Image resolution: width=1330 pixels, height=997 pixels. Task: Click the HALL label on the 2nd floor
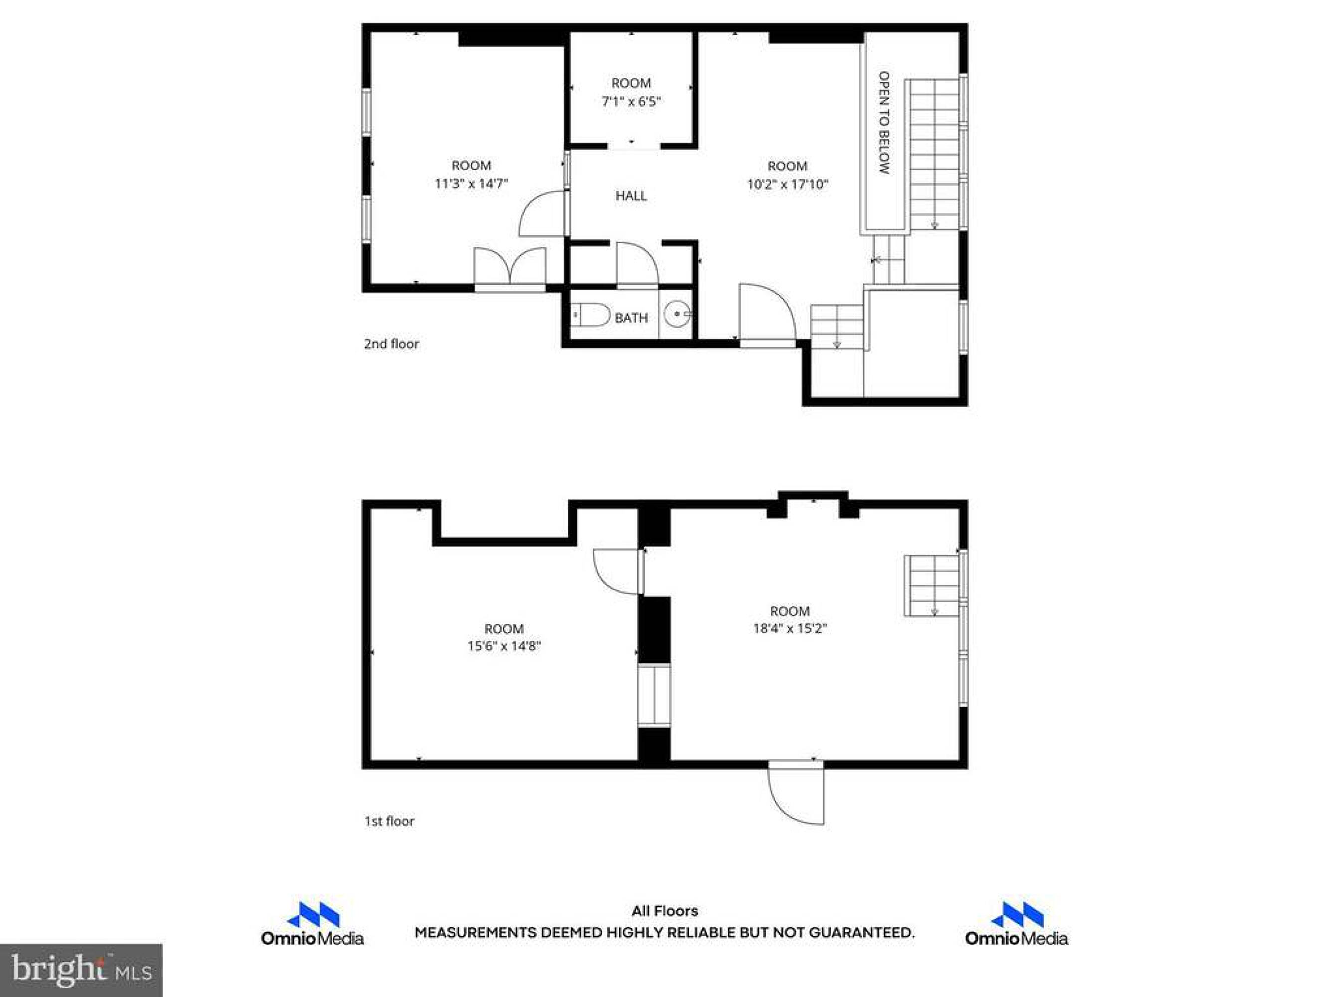click(x=631, y=195)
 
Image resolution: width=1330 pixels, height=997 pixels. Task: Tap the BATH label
click(x=631, y=318)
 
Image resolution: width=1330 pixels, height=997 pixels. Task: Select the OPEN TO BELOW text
click(x=884, y=123)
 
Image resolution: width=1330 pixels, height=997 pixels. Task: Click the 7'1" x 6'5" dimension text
click(x=631, y=101)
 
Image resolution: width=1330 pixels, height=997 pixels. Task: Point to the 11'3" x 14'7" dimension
click(x=472, y=183)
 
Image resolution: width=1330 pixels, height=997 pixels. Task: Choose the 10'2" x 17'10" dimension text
click(x=787, y=184)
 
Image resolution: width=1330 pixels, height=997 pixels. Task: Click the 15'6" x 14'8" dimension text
click(x=504, y=646)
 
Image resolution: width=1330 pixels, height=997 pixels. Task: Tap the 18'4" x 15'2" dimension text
click(x=790, y=629)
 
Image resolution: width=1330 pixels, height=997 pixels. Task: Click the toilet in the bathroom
click(x=590, y=315)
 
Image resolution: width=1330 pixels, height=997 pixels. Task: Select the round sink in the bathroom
click(x=677, y=314)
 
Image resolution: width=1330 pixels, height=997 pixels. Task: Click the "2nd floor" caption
click(x=391, y=344)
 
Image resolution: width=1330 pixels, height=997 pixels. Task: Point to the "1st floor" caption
click(x=390, y=821)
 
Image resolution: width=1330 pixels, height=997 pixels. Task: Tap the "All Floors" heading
click(x=665, y=911)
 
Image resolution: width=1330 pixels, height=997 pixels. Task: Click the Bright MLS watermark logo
click(x=81, y=970)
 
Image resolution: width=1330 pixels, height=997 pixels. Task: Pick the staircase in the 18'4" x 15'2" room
click(x=932, y=585)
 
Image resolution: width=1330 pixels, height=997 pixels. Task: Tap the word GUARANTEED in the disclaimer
click(x=861, y=933)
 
